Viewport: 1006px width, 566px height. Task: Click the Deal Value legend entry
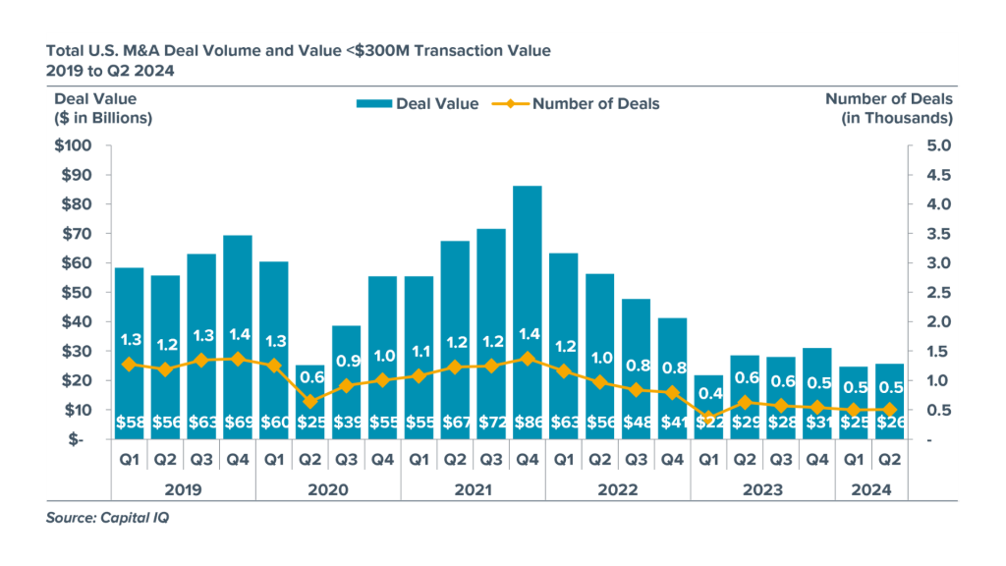click(419, 103)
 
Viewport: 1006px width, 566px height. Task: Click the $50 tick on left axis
click(78, 293)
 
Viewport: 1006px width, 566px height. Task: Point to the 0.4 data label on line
click(708, 394)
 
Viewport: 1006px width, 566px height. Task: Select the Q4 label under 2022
click(672, 457)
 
